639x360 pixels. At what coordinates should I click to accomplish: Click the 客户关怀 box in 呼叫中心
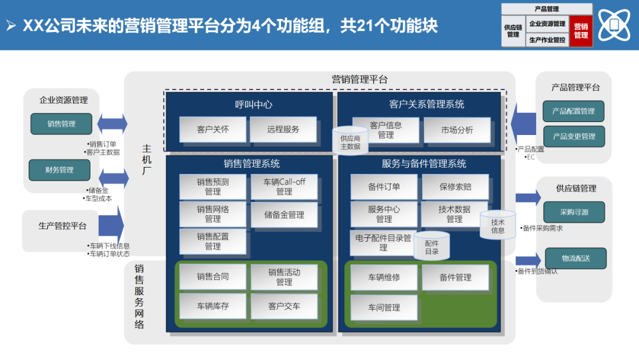[x=212, y=129]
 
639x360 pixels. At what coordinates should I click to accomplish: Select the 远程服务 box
[x=283, y=129]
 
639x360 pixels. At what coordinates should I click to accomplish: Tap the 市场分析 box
[x=457, y=130]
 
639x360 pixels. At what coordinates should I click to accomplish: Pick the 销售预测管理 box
[x=212, y=187]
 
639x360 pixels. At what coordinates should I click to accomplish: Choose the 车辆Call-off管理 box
[x=284, y=187]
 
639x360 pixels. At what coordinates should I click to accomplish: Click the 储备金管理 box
[x=284, y=215]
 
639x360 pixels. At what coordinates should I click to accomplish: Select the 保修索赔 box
[x=455, y=187]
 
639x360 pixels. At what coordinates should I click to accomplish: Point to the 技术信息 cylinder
[x=498, y=226]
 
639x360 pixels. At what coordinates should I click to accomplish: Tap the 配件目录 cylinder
[x=432, y=247]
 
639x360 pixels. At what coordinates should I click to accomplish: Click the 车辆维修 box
[x=384, y=277]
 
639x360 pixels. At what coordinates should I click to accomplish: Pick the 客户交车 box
[x=284, y=306]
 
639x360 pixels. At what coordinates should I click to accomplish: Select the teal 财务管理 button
[x=59, y=170]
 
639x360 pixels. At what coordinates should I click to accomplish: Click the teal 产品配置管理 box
[x=573, y=111]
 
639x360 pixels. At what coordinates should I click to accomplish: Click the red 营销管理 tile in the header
[x=580, y=31]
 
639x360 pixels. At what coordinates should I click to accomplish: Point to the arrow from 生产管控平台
[x=111, y=226]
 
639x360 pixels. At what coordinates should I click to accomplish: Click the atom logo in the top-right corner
[x=614, y=25]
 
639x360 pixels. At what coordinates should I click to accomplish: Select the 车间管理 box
[x=384, y=307]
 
